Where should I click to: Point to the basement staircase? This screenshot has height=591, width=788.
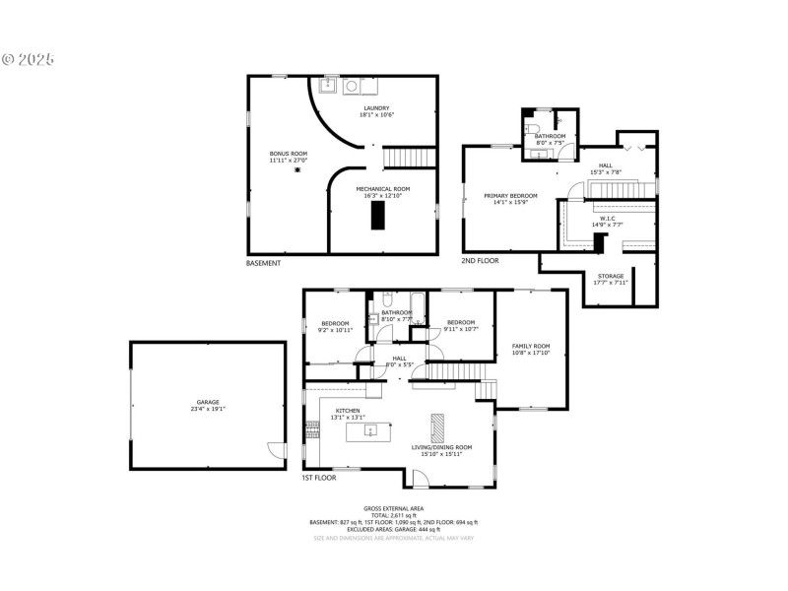click(x=407, y=158)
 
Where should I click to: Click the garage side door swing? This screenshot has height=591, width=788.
click(x=277, y=450)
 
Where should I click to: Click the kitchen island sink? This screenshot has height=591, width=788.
click(x=369, y=430)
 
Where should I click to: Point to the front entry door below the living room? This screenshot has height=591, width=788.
click(x=420, y=479)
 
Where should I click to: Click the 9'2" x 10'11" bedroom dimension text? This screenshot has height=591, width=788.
click(x=335, y=330)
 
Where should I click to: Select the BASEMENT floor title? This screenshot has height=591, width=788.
click(x=263, y=263)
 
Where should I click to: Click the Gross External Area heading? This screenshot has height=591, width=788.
click(x=394, y=507)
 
